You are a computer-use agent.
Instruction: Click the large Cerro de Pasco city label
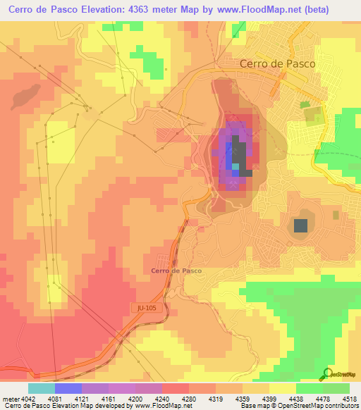(277, 63)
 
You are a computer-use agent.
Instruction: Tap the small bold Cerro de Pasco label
(176, 271)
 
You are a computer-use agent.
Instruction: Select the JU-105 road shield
(142, 308)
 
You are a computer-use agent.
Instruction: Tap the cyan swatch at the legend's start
(42, 388)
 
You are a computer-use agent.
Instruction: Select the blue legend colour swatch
(68, 388)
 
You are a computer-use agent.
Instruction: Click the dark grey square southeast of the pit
(301, 225)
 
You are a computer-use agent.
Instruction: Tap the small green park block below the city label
(305, 105)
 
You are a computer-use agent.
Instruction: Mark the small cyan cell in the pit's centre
(236, 167)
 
